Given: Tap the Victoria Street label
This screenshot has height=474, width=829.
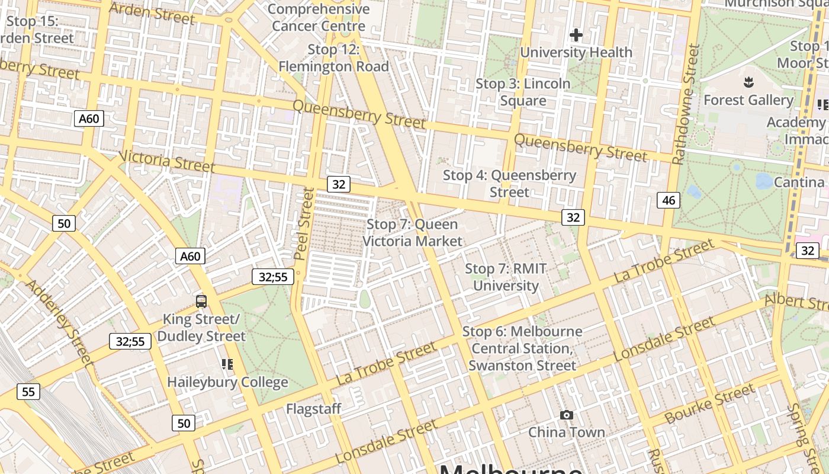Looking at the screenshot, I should [166, 161].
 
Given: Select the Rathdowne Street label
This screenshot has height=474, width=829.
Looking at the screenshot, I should [686, 104].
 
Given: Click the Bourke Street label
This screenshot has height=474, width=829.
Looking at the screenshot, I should [710, 403].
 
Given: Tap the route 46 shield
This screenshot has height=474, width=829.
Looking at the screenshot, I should [669, 200].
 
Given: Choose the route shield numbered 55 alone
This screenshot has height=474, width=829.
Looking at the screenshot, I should [28, 391].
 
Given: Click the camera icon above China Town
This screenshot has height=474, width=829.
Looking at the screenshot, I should [567, 415].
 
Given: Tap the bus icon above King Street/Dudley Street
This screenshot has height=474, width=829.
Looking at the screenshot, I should [201, 301].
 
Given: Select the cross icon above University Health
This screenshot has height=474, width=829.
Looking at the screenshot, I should [576, 35].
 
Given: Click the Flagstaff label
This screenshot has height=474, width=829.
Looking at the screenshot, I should [314, 409].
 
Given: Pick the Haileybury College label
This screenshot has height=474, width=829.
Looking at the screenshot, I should [227, 382].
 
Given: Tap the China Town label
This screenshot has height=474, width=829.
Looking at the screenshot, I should [567, 432].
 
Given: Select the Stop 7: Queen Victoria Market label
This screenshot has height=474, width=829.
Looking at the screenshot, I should [412, 233].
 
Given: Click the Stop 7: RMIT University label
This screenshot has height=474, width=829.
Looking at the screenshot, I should [506, 277].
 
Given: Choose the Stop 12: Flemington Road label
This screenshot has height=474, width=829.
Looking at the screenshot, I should [334, 58].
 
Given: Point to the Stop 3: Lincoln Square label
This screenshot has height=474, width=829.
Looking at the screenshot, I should [523, 92].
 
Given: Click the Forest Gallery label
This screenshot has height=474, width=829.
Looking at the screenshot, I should [748, 100].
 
